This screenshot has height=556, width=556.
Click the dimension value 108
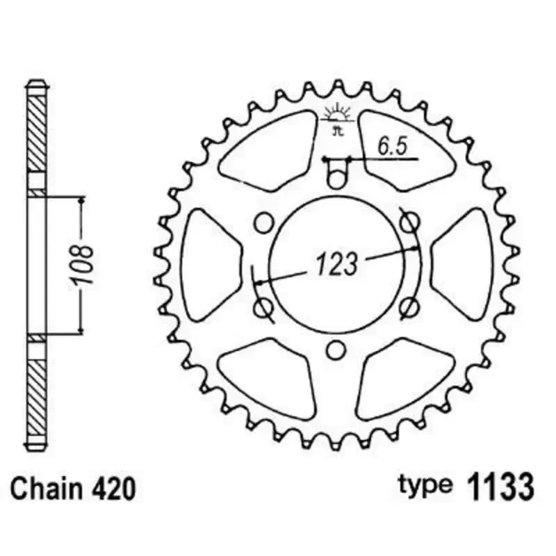pos(83,264)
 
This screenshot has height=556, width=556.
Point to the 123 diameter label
pos(336,264)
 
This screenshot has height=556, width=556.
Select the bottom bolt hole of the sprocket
pos(336,350)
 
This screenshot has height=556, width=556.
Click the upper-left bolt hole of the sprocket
pos(263,222)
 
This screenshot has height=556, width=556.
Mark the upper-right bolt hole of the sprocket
pos(411,222)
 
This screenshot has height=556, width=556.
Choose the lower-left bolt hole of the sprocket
pos(263,306)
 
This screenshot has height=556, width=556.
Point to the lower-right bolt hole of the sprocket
pos(411,306)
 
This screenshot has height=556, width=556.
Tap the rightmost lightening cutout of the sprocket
pos(464,264)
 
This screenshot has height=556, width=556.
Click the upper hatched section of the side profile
pos(37,132)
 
